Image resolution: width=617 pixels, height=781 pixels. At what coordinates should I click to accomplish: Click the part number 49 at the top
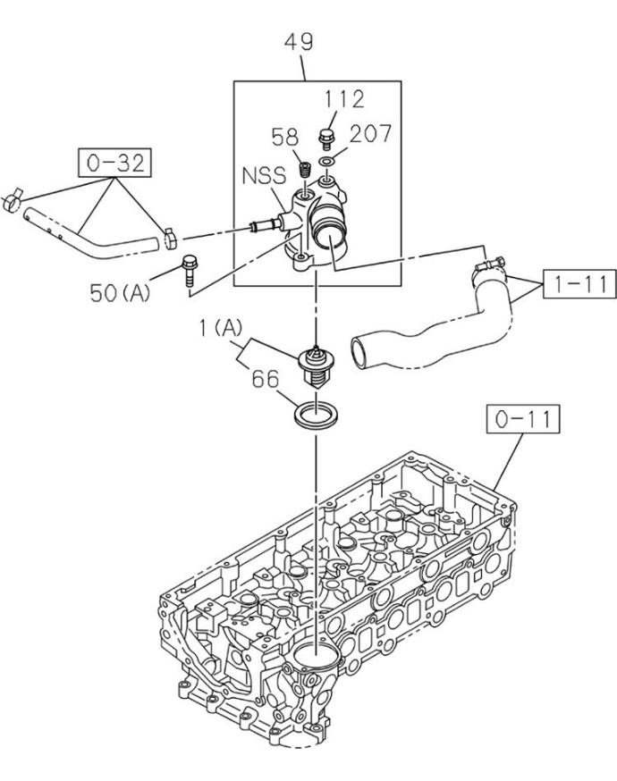(x=299, y=42)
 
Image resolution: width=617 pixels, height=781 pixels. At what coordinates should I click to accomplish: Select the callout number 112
(x=344, y=99)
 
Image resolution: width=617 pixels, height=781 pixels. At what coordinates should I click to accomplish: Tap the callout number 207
(x=370, y=133)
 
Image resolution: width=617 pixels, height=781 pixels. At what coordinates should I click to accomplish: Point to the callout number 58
(x=285, y=137)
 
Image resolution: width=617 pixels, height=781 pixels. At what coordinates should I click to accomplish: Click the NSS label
(x=264, y=176)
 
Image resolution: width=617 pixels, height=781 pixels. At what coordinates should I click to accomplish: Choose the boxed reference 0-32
(x=114, y=163)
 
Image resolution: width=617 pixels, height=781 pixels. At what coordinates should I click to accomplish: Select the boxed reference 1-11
(x=579, y=284)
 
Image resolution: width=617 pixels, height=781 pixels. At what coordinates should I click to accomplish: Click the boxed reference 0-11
(x=523, y=419)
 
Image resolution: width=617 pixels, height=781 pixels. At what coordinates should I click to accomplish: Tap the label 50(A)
(x=120, y=293)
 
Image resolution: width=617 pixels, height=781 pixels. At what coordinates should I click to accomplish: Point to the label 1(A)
(x=221, y=328)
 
